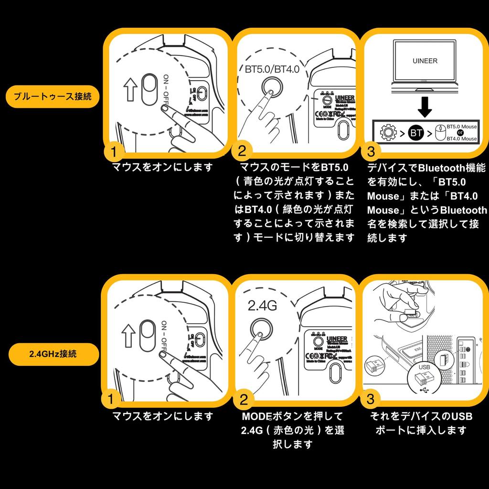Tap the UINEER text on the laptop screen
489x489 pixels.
pos(425,61)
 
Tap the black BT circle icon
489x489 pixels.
pos(416,133)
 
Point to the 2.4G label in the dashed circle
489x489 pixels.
pos(262,306)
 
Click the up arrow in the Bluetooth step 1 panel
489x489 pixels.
pos(130,89)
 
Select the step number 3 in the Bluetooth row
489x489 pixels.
pos(372,152)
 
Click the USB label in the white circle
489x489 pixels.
pos(424,367)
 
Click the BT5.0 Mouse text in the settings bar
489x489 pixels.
pos(461,127)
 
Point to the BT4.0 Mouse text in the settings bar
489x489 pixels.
pos(461,138)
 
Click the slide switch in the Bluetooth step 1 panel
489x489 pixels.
pos(148,88)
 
